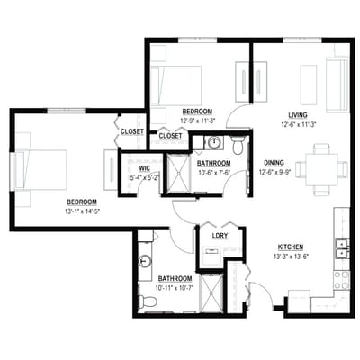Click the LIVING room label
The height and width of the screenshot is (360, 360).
pos(298,114)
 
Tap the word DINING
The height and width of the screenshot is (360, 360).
pos(274,163)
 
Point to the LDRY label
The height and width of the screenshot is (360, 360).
pos(219,237)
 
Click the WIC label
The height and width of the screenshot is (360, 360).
pos(144,168)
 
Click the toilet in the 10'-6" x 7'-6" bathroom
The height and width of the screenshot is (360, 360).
pos(238,144)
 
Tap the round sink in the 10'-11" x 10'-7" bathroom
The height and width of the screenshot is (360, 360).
pos(144,261)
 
